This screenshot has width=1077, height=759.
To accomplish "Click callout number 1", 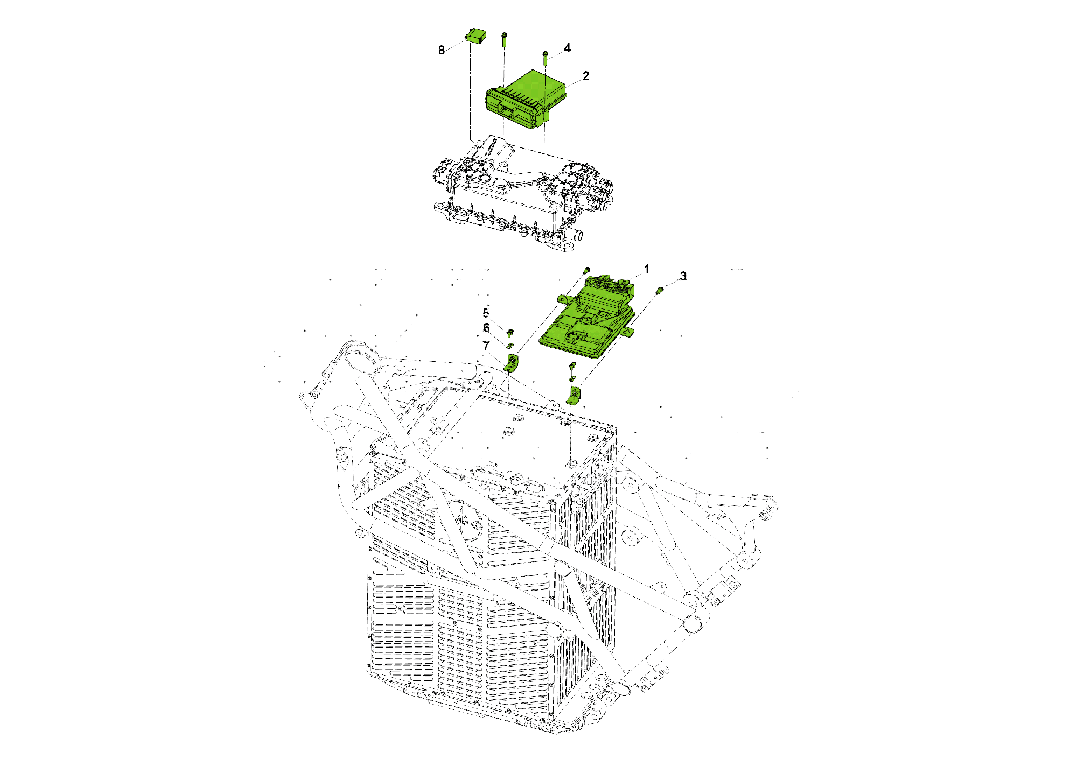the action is [647, 269].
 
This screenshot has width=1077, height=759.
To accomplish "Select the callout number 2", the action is [586, 76].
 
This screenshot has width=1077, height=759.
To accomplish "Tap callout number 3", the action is [683, 276].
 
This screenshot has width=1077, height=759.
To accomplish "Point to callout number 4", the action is [567, 48].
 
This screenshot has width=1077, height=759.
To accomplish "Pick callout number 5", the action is [486, 313].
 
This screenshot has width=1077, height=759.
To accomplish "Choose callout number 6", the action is [486, 328].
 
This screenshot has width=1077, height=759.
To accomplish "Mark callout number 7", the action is [486, 346].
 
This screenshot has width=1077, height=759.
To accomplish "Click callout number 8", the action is [442, 50].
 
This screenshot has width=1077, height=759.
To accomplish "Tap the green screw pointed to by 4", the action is [546, 58].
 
